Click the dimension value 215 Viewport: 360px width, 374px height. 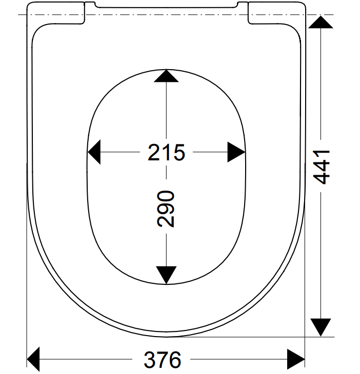coord(166,152)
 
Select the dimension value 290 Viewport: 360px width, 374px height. coord(166,209)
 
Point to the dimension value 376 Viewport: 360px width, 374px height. coord(163,361)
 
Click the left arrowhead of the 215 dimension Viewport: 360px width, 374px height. coord(94,152)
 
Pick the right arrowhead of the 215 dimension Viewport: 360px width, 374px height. coord(236,152)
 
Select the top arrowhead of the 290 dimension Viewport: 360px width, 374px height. coord(166,76)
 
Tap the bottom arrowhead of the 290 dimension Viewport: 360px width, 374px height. coord(166,275)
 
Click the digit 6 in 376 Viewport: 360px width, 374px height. coord(175,361)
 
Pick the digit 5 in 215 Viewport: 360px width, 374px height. coord(178,152)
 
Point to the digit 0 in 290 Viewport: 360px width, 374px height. coord(166,197)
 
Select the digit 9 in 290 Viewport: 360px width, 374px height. coord(166,209)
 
